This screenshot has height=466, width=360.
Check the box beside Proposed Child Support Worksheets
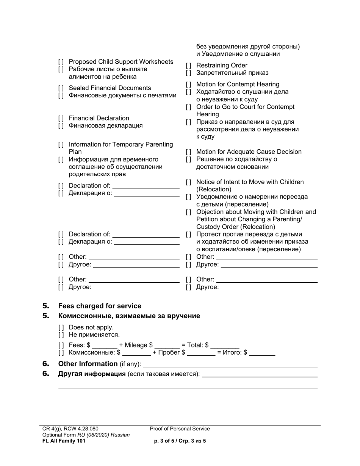[61, 62]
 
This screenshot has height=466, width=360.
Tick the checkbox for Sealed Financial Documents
[61, 88]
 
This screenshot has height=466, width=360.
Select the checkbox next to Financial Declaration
[61, 118]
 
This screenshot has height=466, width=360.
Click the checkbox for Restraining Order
[188, 66]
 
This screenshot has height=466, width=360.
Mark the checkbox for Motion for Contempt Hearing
[188, 84]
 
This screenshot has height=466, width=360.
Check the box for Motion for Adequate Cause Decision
[188, 152]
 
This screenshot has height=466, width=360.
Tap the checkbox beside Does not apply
[61, 327]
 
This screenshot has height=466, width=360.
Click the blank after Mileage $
[167, 346]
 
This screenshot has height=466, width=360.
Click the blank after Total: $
[225, 346]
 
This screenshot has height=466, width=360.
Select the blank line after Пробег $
[201, 353]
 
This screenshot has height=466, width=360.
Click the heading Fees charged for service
[100, 306]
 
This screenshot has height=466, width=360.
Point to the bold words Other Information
[88, 364]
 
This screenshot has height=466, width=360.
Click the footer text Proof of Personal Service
[180, 429]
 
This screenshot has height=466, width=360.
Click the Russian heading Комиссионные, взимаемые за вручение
[129, 316]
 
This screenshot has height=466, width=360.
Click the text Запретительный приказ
[232, 73]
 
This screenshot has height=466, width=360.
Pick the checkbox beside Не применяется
[61, 335]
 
